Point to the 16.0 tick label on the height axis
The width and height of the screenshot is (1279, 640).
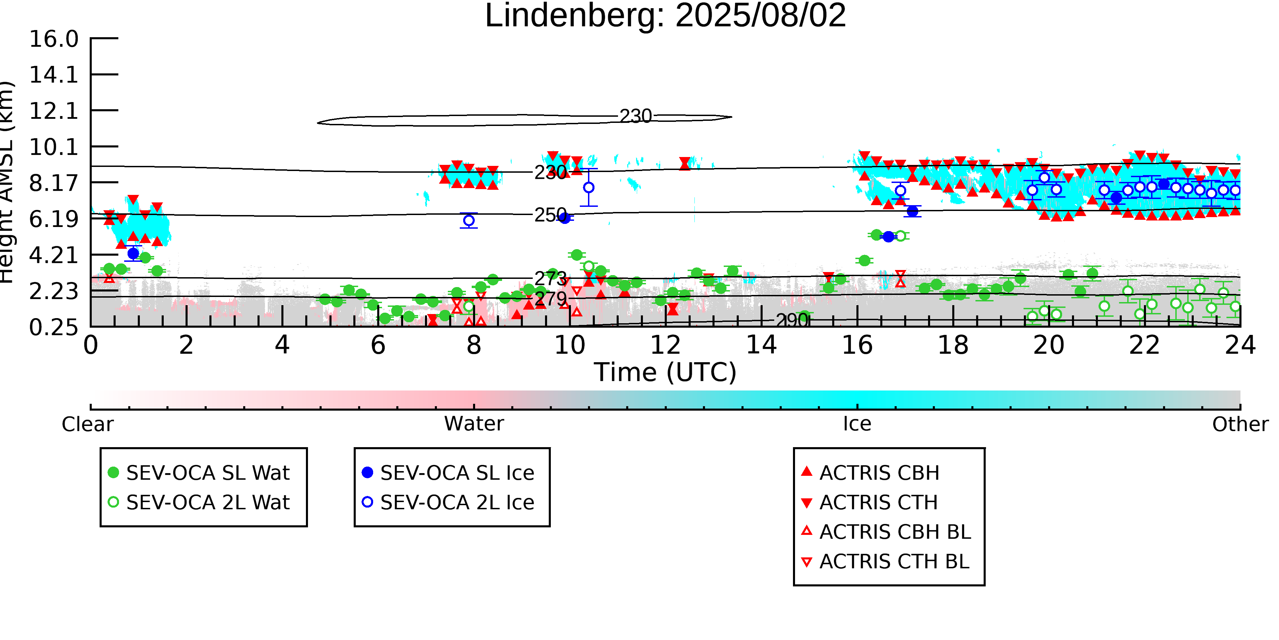tap(54, 39)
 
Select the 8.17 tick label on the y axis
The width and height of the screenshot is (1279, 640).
tap(54, 183)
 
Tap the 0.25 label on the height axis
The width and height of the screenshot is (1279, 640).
tap(54, 327)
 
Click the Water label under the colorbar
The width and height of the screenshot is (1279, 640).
tap(474, 424)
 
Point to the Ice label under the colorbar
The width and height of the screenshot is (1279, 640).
tap(857, 424)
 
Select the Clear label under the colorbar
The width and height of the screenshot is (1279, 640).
tap(87, 424)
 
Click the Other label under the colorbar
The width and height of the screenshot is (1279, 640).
tap(1240, 424)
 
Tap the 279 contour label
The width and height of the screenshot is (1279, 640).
tap(550, 299)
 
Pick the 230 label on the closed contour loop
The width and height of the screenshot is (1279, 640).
tap(635, 116)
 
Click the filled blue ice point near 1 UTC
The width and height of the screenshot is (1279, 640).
tap(133, 253)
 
